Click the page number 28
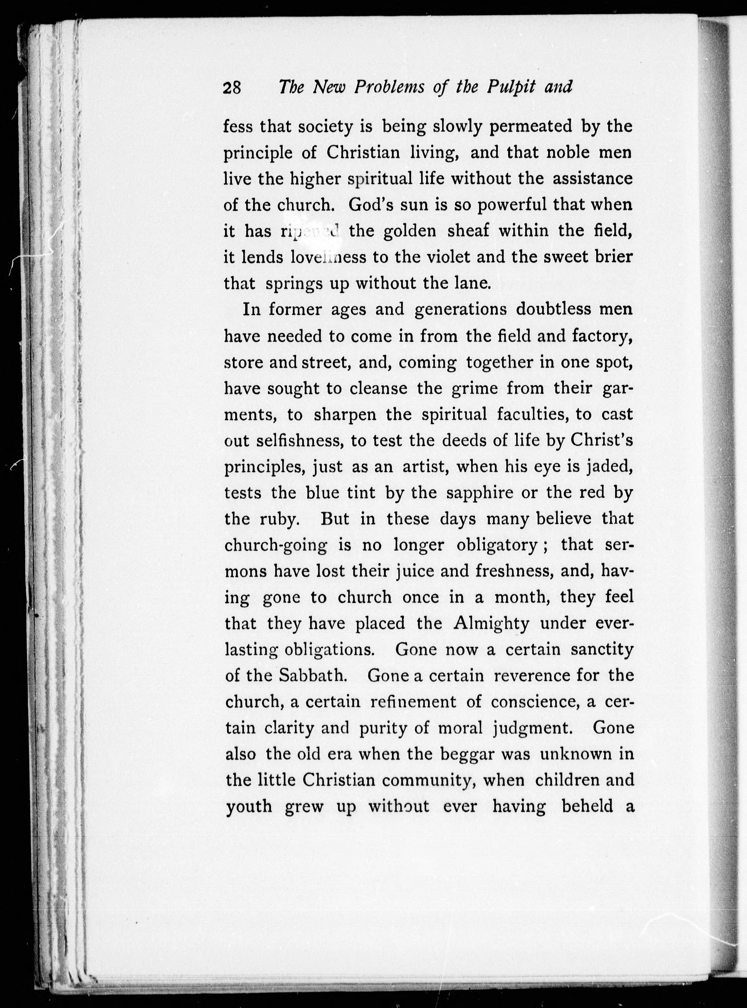tap(233, 87)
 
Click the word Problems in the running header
tap(389, 87)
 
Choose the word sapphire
tap(479, 493)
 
